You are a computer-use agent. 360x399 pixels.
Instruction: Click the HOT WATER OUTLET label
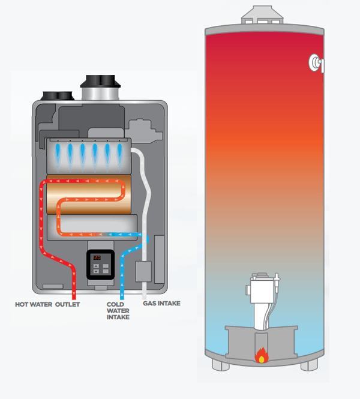tap(47, 304)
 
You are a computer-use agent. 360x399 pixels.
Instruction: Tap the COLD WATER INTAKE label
tap(118, 311)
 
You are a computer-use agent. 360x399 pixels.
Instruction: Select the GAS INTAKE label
tap(161, 304)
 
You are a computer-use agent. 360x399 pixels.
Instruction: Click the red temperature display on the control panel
tap(97, 257)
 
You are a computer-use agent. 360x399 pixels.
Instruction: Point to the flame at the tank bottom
tap(262, 355)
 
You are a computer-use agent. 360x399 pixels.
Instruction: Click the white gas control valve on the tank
tap(263, 290)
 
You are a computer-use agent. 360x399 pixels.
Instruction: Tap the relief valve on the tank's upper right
tap(316, 63)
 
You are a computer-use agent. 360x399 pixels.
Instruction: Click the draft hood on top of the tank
tap(262, 15)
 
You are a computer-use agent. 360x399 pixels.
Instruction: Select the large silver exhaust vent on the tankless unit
tap(100, 88)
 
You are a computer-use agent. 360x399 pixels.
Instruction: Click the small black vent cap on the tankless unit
tap(58, 96)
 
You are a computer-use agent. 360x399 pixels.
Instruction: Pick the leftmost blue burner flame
tap(58, 155)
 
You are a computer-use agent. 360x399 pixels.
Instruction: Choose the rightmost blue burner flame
tap(119, 155)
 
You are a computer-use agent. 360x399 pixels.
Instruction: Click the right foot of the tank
tap(310, 365)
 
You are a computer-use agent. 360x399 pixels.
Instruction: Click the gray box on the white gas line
tap(143, 272)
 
